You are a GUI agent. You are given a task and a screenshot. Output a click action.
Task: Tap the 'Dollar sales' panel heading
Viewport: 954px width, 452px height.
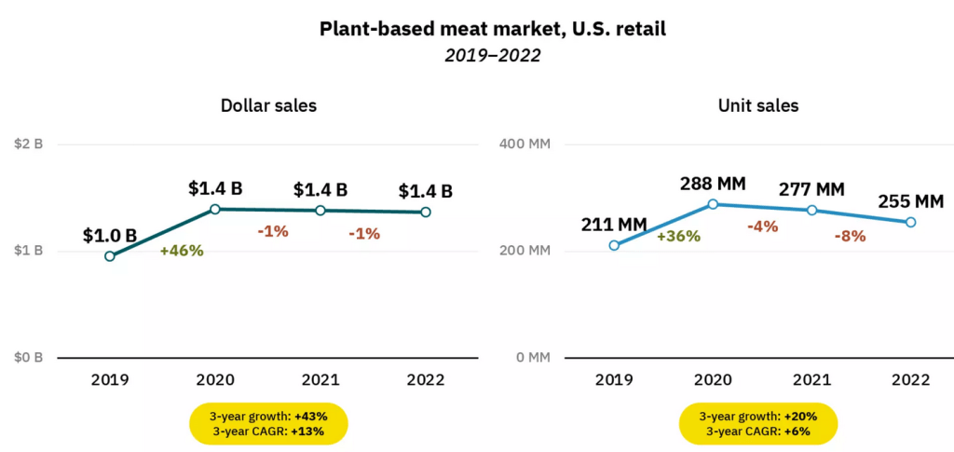(x=268, y=105)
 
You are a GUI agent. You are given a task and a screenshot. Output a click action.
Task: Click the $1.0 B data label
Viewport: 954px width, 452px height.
(x=110, y=235)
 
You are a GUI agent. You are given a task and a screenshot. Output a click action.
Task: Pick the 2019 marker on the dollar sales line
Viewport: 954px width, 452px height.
(x=110, y=256)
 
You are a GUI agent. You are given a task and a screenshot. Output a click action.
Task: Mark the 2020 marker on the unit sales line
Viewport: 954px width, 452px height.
(x=713, y=204)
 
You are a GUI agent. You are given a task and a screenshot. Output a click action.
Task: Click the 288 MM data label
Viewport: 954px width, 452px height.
(x=713, y=182)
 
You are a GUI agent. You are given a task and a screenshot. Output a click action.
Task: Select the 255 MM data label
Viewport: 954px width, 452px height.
(x=910, y=200)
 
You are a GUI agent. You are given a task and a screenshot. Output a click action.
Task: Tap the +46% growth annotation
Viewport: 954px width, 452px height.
(x=182, y=250)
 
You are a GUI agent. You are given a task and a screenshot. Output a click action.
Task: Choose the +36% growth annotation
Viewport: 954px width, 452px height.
(x=678, y=236)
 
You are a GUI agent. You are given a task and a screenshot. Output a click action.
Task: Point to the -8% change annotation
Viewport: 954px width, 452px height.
(x=849, y=236)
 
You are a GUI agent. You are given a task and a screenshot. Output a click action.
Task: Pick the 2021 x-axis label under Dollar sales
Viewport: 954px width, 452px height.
(x=320, y=379)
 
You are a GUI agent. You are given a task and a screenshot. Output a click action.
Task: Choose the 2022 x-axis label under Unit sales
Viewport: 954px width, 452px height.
(x=910, y=379)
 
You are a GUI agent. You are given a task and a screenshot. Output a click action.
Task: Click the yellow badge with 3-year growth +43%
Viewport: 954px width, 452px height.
(x=268, y=423)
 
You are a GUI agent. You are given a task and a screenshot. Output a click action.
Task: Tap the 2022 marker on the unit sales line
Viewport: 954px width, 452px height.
(x=910, y=222)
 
